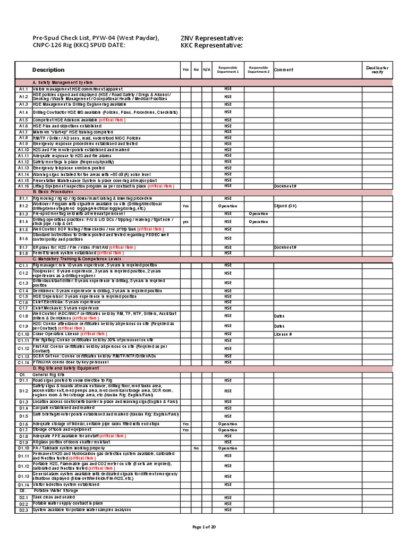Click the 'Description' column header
coord(48,70)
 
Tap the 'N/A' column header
coord(206,70)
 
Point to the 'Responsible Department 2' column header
coord(258,70)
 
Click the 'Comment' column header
coord(284,70)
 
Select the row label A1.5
coord(23,120)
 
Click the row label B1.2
coord(23,205)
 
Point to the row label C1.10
coord(23,334)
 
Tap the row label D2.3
coord(23,510)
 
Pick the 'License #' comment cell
coord(283,334)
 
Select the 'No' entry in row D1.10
coord(195,448)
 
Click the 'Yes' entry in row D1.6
coord(185,424)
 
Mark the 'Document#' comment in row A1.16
coord(284,186)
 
